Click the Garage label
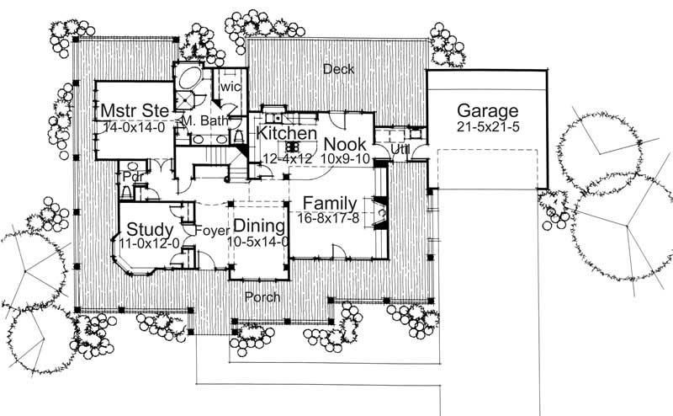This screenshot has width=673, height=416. coord(487,111)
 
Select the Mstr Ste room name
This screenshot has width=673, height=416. coord(133,111)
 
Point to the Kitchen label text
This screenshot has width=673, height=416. coord(286,134)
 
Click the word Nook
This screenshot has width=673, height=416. coord(344,143)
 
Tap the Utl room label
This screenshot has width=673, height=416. coord(400,149)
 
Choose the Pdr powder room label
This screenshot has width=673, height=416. coord(130,178)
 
